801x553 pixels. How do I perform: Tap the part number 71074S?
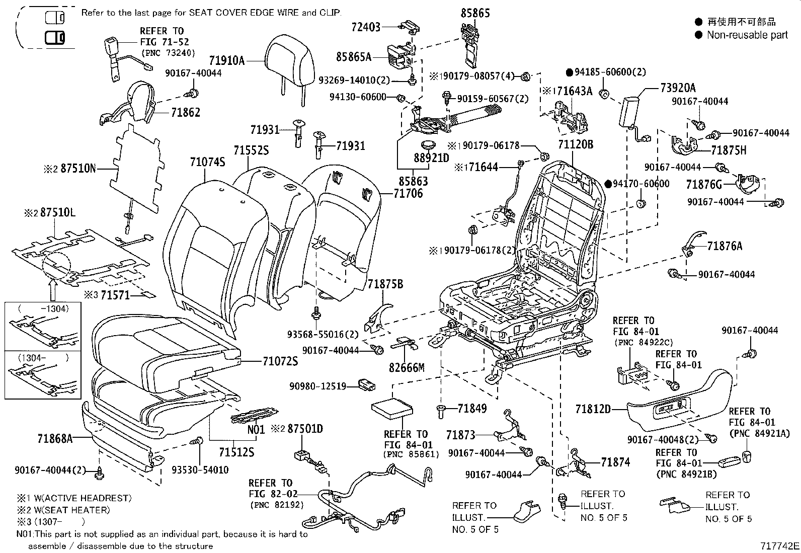coord(207,162)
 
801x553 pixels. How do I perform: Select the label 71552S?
coord(251,150)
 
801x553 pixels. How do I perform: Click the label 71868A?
coord(55,439)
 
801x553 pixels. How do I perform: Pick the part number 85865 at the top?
coord(475,13)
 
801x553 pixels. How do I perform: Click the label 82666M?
coord(407,368)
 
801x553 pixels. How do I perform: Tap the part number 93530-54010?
coord(200,470)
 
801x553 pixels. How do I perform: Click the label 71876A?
coord(724,246)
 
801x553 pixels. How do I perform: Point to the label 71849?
coord(472,409)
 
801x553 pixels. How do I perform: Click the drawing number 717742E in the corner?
coord(779,546)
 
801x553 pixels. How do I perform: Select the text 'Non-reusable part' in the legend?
coord(747,35)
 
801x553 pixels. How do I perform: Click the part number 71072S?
coord(280,361)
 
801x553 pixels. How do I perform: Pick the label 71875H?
coord(729,150)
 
